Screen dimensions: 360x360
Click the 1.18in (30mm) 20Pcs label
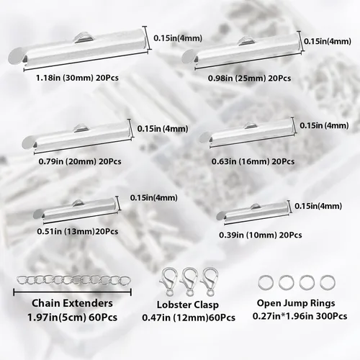coord(77,78)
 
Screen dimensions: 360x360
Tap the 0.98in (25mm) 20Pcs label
coord(249,78)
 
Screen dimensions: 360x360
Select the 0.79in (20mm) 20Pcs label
coord(80,161)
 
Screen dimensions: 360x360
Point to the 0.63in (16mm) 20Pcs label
coord(253,161)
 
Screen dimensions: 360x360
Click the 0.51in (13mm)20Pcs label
coord(78,231)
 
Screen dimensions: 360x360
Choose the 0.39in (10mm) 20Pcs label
coord(261,235)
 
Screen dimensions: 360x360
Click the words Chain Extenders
coord(72,303)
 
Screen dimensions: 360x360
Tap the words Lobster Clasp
coord(188,305)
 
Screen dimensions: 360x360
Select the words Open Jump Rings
coord(296,303)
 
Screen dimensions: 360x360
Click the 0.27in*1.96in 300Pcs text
coord(300,316)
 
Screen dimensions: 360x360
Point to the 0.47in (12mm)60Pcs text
coord(189,318)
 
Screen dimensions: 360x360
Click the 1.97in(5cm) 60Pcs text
coord(72,318)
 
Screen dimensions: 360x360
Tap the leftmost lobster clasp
coord(168,281)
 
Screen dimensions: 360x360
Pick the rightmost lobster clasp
coord(210,281)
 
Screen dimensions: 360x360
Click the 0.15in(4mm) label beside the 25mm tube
coord(328,41)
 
